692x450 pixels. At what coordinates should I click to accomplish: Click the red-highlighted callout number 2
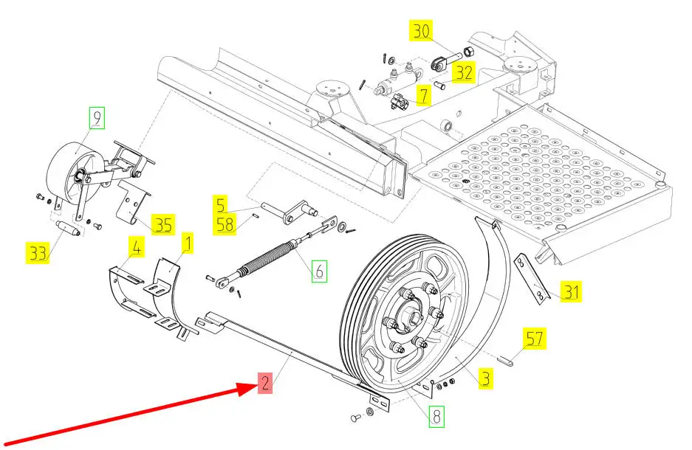point(265,383)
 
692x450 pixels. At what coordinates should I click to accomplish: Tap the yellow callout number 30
point(421,31)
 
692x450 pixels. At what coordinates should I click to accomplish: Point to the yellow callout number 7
point(424,95)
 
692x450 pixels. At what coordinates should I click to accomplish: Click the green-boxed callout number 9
point(97,118)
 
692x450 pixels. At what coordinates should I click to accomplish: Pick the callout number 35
point(163,225)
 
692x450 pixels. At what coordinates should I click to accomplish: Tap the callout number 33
point(38,253)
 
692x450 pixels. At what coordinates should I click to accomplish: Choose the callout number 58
point(225,224)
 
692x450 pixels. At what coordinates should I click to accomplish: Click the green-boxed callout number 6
point(320,271)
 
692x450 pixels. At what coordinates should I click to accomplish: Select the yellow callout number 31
point(571,291)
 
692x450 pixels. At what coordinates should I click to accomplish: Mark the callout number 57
point(535,338)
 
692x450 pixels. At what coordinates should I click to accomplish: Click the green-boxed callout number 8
point(436,416)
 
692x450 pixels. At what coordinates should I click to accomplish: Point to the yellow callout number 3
point(485,378)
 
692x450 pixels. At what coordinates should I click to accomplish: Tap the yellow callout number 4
point(137,247)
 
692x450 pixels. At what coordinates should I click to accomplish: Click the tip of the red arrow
point(257,385)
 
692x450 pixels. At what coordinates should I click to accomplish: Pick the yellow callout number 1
point(188,243)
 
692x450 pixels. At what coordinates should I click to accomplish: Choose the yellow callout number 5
point(220,204)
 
